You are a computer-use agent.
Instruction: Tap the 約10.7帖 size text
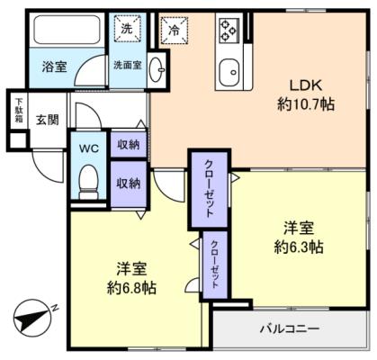305,103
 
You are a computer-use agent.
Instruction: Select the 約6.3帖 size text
299,247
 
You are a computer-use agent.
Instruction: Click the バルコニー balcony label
290,329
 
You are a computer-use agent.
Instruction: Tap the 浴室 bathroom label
54,66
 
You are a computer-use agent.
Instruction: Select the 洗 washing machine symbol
126,29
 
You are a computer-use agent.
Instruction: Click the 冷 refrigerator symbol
172,30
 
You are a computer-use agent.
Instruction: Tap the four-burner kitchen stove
228,31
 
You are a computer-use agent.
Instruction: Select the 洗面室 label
127,65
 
